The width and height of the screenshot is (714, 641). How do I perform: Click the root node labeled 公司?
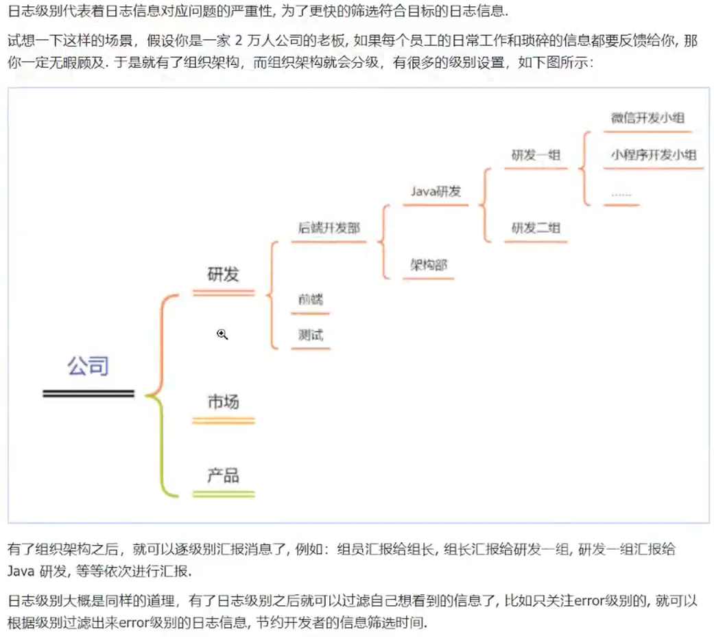(x=88, y=366)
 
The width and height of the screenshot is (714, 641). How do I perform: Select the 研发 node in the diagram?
(x=224, y=274)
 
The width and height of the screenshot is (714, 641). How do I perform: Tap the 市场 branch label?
(x=224, y=401)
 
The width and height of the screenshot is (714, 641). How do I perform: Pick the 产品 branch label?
(x=224, y=475)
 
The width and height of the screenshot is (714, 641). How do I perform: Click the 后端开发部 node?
(x=329, y=229)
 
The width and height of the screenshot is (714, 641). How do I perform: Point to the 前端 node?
(x=311, y=299)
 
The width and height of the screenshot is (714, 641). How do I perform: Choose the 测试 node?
(x=311, y=336)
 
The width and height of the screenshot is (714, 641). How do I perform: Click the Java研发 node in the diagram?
(x=436, y=191)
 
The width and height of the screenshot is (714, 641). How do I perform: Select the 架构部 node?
(x=429, y=265)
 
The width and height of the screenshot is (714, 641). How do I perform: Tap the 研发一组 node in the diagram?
(x=536, y=155)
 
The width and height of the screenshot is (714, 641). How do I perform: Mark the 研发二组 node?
(x=536, y=228)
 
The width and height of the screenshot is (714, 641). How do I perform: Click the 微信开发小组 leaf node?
(x=647, y=117)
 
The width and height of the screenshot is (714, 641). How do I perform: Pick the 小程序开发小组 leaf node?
(x=654, y=154)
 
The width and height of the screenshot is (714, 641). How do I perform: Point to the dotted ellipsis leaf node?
(x=621, y=195)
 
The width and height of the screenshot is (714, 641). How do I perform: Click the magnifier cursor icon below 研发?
(x=222, y=334)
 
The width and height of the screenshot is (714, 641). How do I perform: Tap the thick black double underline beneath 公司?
(x=88, y=394)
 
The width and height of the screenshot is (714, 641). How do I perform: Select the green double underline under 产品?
(x=224, y=493)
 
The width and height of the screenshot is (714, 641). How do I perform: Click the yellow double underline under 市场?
(x=224, y=420)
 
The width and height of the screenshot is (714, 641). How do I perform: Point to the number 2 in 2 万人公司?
(x=239, y=41)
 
